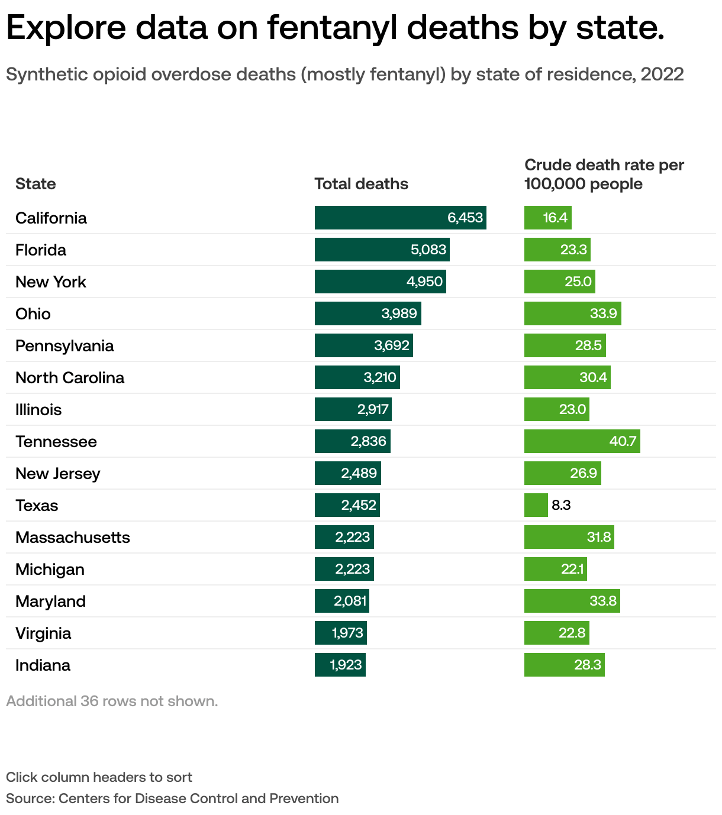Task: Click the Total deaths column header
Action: pos(361,184)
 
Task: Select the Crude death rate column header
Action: pos(604,174)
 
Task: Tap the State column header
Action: pos(36,184)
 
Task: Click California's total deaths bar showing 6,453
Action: pos(400,218)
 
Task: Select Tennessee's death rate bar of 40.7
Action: pos(582,441)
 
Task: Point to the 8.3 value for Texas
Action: pos(561,505)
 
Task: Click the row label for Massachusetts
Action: pos(73,537)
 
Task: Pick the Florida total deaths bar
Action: pos(382,250)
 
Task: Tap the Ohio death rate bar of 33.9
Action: pos(572,313)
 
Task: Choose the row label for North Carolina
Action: pos(70,377)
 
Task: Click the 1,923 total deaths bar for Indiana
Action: pos(340,665)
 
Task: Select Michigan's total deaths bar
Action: pos(344,569)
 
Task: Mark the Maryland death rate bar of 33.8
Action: pos(572,601)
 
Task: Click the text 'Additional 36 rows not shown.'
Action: pos(112,701)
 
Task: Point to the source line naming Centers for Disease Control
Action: pos(172,798)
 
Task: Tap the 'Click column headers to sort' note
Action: pos(99,777)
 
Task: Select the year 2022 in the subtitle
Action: pos(662,75)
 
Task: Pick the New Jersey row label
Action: pos(58,473)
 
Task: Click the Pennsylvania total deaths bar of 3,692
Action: pos(363,345)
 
